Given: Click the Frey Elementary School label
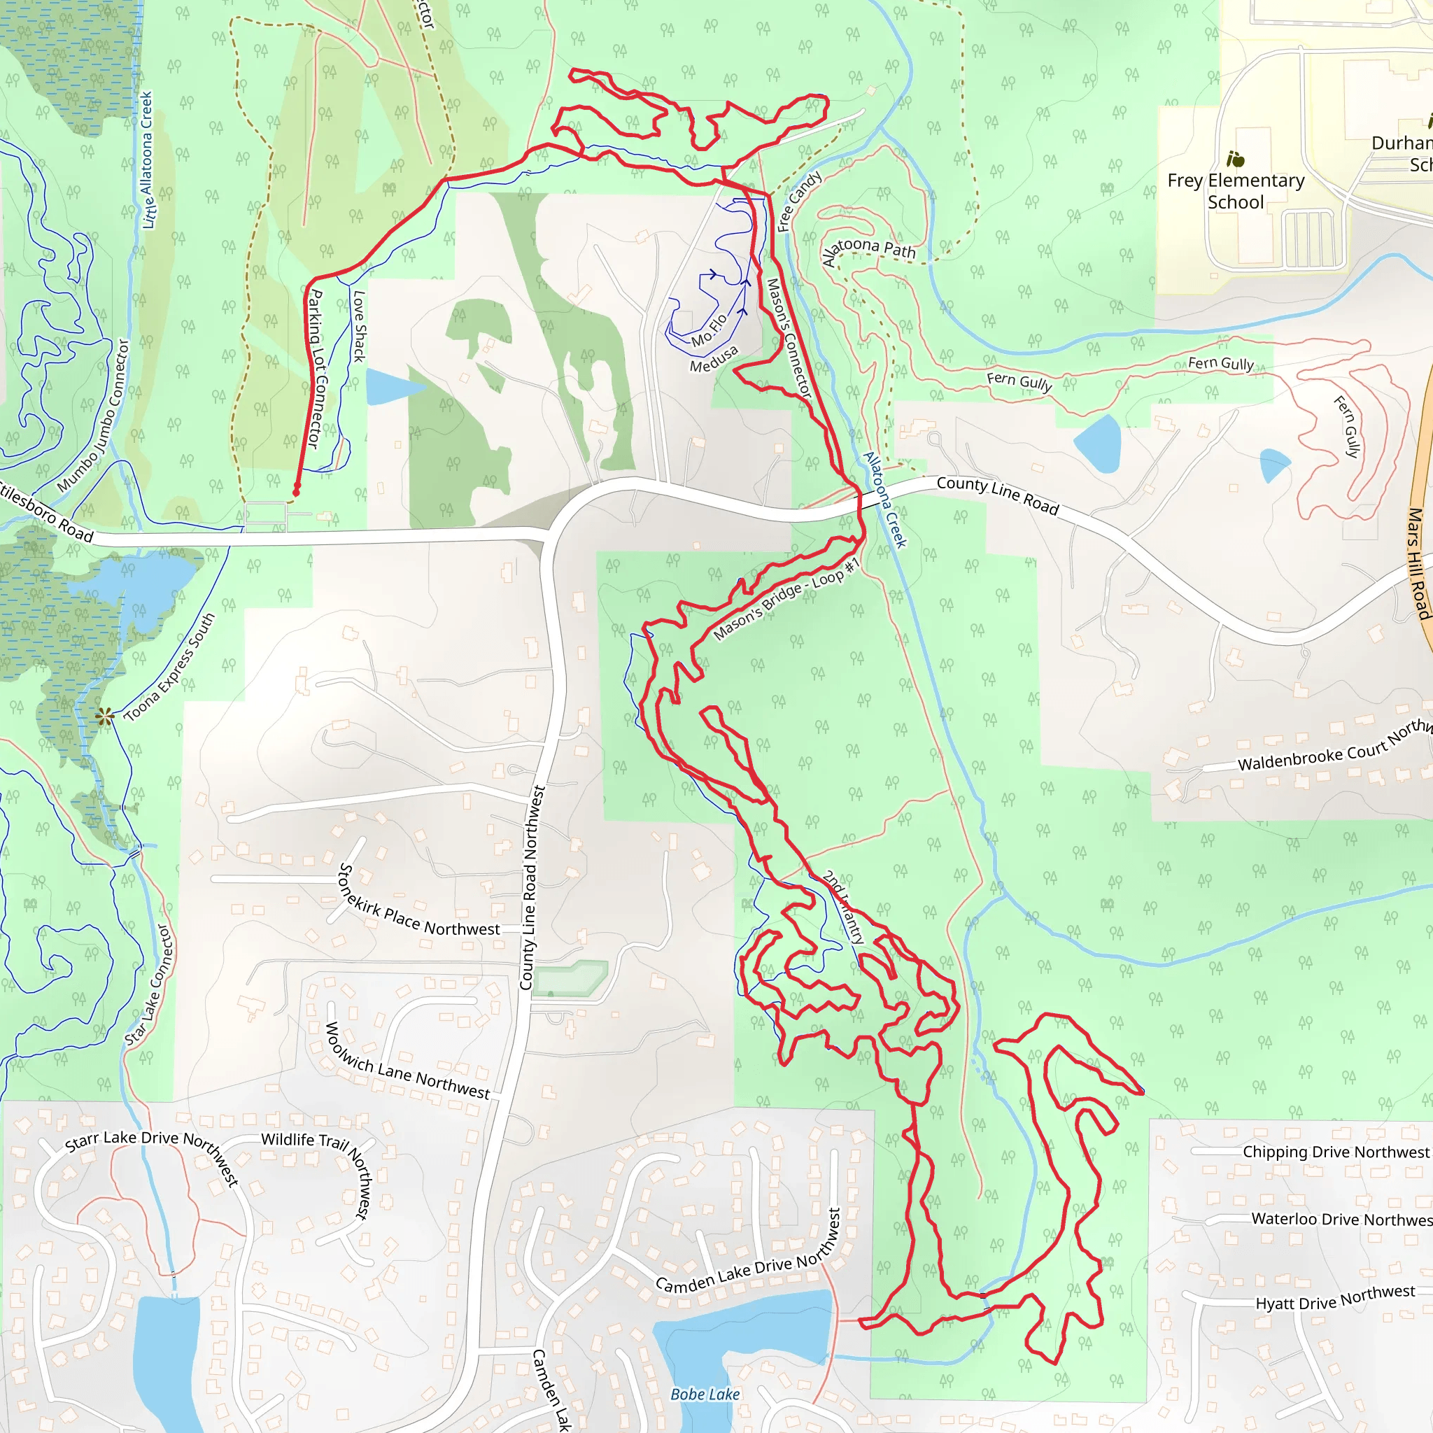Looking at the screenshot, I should point(1236,191).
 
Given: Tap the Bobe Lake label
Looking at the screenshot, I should point(705,1395).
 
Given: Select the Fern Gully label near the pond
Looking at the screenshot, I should point(1019,381).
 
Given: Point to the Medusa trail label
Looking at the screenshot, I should point(714,360).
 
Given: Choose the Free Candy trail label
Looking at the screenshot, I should point(799,201).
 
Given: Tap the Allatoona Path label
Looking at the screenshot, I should point(868,250).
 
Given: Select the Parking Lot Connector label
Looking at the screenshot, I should point(316,369).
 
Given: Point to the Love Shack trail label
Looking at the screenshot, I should point(359,326).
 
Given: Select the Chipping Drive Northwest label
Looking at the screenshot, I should point(1335,1152).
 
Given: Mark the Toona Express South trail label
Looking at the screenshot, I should point(169,668).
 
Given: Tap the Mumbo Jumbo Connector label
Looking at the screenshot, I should point(94,416).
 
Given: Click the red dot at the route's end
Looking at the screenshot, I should point(296,492).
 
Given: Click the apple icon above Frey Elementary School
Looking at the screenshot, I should point(1236,160).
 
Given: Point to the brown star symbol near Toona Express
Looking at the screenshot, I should point(104,716).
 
